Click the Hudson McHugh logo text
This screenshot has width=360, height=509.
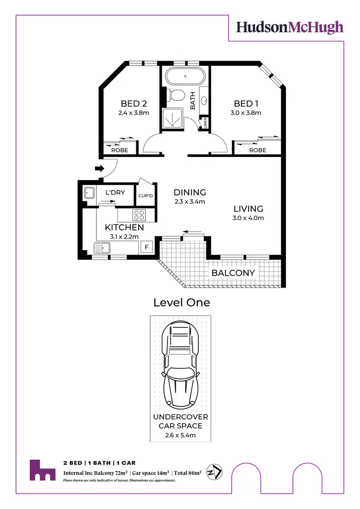(x=289, y=27)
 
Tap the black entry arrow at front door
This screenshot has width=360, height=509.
(x=100, y=169)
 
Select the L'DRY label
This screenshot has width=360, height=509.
(x=115, y=193)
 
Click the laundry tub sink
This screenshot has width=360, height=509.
(x=89, y=193)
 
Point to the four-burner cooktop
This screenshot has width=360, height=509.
(x=140, y=215)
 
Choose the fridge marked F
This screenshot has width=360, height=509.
(x=146, y=248)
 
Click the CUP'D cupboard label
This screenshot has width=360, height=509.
(x=146, y=196)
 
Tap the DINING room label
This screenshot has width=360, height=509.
(x=190, y=193)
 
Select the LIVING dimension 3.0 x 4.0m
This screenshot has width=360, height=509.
(x=248, y=218)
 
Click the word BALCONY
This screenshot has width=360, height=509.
(x=233, y=273)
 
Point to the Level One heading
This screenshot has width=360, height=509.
(x=181, y=303)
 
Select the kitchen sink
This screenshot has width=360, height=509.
(x=103, y=248)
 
